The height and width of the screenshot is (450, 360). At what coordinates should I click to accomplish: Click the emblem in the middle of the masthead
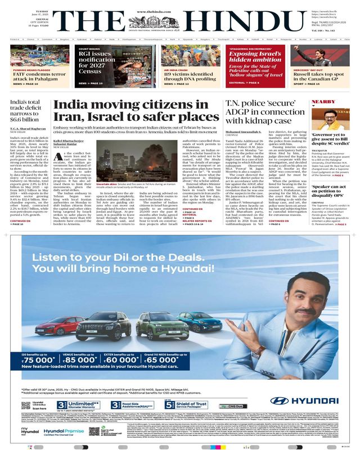[180, 24]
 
